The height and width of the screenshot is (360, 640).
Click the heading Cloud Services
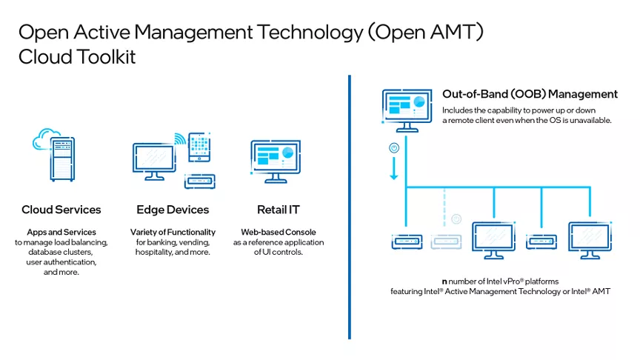tap(61, 210)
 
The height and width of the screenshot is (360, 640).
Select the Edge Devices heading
tap(173, 210)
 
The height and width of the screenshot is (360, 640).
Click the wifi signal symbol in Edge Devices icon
tap(179, 139)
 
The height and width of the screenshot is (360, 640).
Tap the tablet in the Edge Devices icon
tap(199, 149)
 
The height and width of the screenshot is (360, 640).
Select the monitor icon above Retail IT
tap(276, 160)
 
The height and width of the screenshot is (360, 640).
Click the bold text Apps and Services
tap(61, 233)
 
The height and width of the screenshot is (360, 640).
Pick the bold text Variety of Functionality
tap(173, 233)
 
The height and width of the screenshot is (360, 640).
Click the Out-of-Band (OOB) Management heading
tap(530, 94)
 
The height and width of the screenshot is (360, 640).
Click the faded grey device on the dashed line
tap(445, 241)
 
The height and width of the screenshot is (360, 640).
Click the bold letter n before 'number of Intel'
tap(444, 282)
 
